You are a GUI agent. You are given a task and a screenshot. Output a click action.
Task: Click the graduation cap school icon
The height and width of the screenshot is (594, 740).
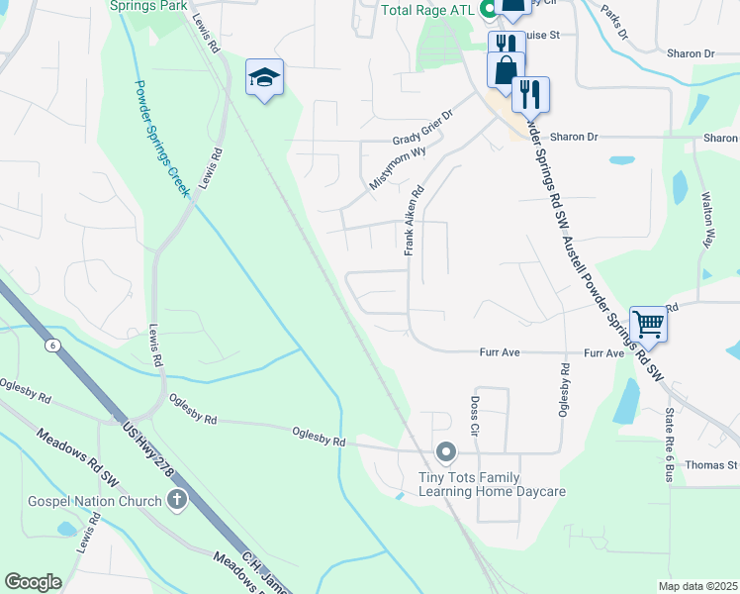pos(265,77)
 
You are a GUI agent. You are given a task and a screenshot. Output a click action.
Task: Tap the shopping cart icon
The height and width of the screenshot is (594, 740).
pos(648,323)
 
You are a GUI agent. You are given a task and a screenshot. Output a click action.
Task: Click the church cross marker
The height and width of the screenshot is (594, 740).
pos(178,500)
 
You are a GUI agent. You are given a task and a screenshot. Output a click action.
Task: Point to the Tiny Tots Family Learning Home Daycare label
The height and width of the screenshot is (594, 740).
pos(491,483)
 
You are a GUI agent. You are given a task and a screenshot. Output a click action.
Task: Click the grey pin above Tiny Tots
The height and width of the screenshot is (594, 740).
pos(446,453)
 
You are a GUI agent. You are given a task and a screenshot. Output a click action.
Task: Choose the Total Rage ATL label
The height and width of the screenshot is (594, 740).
pos(427,10)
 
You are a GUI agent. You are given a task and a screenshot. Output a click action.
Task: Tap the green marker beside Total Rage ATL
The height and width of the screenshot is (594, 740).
pos(489,10)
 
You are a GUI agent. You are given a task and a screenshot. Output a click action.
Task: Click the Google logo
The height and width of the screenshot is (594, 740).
pos(33,582)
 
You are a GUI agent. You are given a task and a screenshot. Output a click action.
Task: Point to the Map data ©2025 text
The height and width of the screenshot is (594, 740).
pos(696,586)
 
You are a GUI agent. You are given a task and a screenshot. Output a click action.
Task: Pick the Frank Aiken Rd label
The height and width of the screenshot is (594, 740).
pos(413,222)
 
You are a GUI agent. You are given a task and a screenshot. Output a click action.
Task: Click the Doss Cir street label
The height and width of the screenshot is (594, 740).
pos(473,416)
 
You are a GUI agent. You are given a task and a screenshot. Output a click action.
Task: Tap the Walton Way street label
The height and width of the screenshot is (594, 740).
pos(707,221)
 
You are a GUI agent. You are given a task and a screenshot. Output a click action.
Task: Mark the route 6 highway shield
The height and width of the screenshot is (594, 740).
pos(52,346)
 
